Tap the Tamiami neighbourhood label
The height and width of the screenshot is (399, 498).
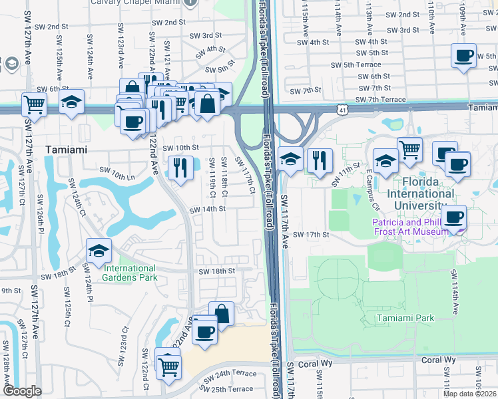point(66,150)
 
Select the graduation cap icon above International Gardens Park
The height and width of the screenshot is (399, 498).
point(99,251)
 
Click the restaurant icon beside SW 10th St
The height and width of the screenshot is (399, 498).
point(178,168)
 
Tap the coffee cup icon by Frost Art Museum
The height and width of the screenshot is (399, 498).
point(453,216)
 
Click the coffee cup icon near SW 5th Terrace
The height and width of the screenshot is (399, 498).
point(464,56)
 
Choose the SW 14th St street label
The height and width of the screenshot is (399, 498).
point(208,209)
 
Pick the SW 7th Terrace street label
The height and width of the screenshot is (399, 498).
point(380,99)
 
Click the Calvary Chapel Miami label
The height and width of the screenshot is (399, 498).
point(147,2)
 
